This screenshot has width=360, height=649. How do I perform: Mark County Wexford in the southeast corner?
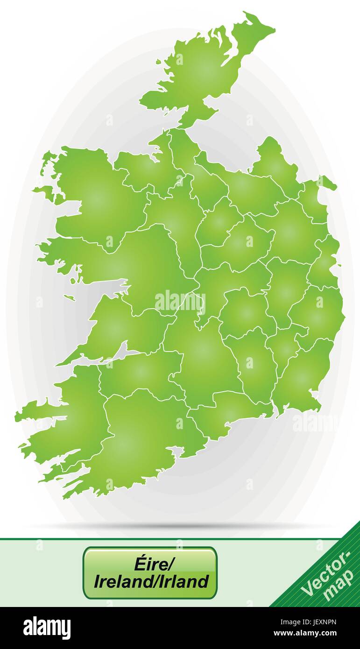[301, 378]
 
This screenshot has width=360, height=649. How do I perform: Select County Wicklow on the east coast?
[318, 313]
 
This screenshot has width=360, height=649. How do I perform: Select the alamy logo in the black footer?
[47, 628]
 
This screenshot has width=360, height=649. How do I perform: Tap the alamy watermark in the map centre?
[180, 302]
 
